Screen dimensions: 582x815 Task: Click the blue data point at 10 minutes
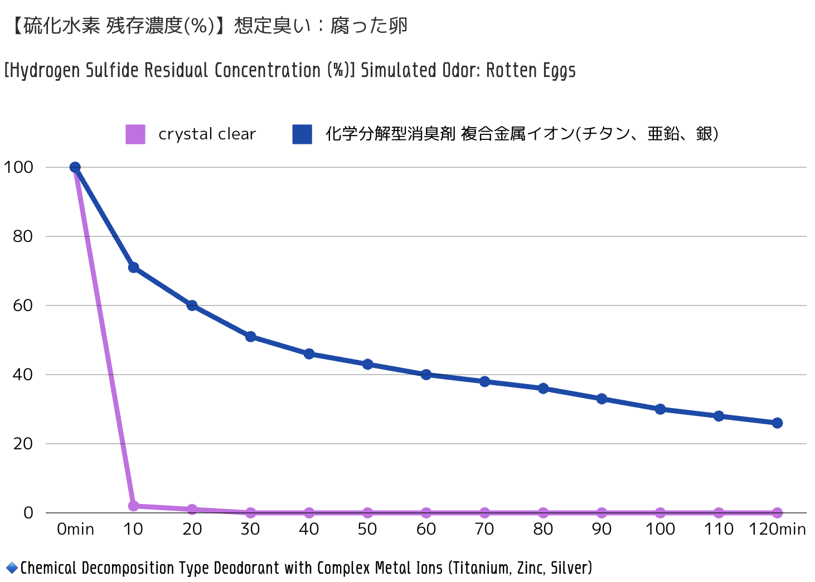pos(133,268)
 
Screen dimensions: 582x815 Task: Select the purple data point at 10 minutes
pos(133,506)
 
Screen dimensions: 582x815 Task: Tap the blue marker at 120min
pos(777,423)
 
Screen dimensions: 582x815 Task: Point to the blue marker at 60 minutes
pos(426,375)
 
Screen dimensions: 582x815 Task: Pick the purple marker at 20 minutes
pos(192,510)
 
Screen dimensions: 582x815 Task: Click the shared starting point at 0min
pos(75,167)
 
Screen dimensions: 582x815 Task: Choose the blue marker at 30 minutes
pos(250,337)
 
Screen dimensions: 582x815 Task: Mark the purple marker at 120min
pos(777,513)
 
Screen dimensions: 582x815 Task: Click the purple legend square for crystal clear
pos(135,134)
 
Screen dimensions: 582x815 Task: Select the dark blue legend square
pos(302,134)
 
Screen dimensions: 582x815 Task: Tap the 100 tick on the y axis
pos(18,167)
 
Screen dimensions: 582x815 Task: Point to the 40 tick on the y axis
pos(23,375)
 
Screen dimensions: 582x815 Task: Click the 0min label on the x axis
pos(75,529)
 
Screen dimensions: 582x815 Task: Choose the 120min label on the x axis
pos(777,529)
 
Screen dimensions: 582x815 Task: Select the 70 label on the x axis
pos(484,529)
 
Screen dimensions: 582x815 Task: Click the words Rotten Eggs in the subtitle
pos(531,71)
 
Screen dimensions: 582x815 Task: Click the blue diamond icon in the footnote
pos(12,569)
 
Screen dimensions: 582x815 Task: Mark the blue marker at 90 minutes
pos(601,399)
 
